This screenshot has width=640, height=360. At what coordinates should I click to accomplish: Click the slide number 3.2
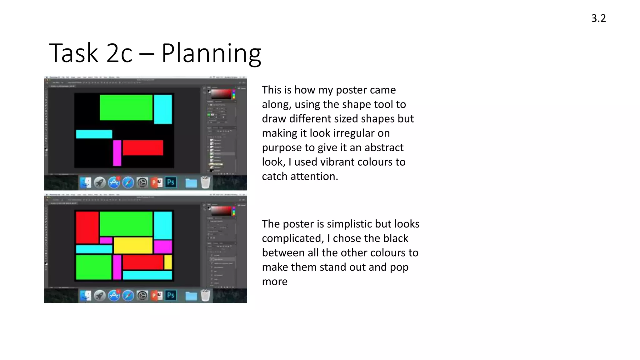click(598, 18)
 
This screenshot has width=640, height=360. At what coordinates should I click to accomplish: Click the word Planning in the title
click(211, 54)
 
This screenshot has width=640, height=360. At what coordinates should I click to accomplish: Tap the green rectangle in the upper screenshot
click(126, 107)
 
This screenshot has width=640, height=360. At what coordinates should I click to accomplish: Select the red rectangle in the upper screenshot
click(143, 147)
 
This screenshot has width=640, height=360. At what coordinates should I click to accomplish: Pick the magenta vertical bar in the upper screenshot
click(117, 153)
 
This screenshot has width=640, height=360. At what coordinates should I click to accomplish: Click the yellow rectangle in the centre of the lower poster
click(133, 245)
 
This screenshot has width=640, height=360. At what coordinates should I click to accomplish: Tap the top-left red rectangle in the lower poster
click(87, 227)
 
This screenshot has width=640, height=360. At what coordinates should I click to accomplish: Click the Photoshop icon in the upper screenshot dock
click(171, 182)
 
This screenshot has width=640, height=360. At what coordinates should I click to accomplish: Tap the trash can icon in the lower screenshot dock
click(205, 295)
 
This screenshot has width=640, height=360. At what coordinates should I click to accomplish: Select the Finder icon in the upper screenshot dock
click(85, 182)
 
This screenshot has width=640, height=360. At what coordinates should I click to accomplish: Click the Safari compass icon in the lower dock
click(128, 296)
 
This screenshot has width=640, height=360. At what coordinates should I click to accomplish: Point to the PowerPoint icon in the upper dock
click(157, 182)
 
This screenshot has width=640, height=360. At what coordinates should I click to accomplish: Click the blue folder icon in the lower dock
click(191, 296)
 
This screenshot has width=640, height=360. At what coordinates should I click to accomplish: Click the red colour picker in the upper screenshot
click(221, 94)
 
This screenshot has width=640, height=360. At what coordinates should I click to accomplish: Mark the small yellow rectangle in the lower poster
click(168, 262)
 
